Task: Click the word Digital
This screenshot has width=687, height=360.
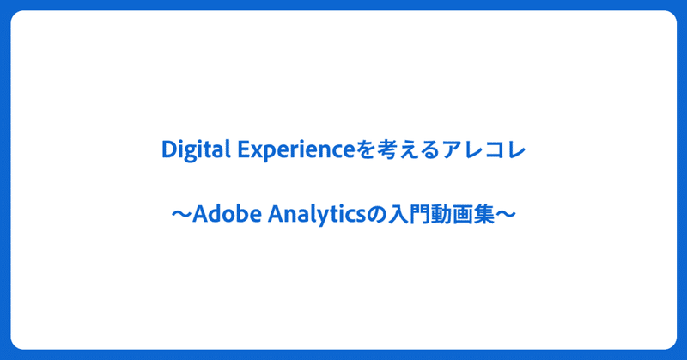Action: coord(197,150)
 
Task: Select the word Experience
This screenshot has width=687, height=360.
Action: coord(296,151)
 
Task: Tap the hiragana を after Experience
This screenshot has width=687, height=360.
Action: coord(366,150)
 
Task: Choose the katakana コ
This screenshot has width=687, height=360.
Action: coord(495,151)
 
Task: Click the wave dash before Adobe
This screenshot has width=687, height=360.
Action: coord(182,215)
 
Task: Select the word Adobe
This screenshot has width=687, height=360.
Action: coord(227,215)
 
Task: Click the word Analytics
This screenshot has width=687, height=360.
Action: coord(317,215)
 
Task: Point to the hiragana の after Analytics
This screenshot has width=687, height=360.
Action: coord(376,215)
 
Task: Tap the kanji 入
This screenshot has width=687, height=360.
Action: coord(398,215)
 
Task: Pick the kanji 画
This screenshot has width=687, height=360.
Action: coord(463,215)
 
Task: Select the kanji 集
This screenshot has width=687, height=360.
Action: coord(484,215)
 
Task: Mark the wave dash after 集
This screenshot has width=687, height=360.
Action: coord(506,215)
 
